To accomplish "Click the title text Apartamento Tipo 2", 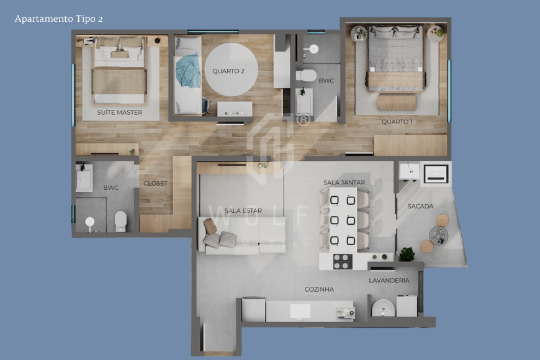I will [x=58, y=19].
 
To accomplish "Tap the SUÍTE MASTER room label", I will [x=120, y=112].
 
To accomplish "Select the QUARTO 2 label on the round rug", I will [x=228, y=71].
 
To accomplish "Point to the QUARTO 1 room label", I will [x=397, y=122].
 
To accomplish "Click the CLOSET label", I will [x=155, y=183].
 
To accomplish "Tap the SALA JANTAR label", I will [x=344, y=182].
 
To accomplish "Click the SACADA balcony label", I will [x=420, y=206].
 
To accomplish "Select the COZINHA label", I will [x=319, y=289].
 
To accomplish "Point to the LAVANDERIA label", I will [x=389, y=280].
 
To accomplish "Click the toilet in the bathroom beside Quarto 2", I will [x=306, y=76].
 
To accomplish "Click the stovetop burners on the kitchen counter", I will [x=342, y=261].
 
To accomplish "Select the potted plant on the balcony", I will [x=407, y=254].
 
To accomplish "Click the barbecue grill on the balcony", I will [x=436, y=173].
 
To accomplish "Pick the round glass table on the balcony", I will [x=438, y=234].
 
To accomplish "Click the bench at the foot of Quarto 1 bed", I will [x=396, y=102].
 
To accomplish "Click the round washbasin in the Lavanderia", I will [x=383, y=308].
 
